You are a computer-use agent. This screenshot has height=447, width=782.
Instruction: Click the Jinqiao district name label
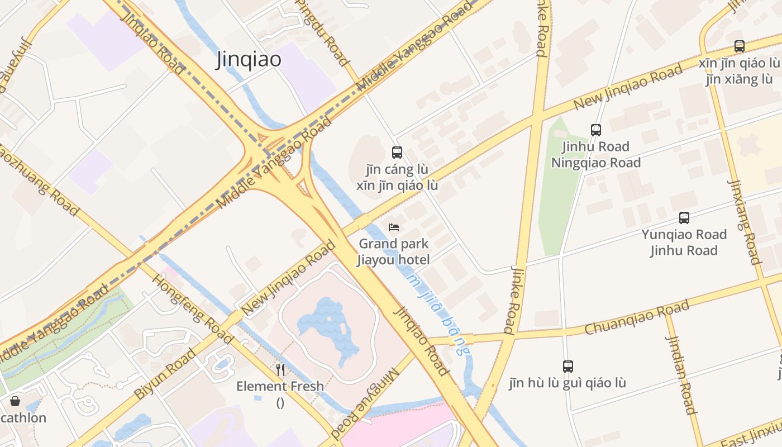(249, 60)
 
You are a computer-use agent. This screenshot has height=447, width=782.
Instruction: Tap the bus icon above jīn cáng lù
(397, 152)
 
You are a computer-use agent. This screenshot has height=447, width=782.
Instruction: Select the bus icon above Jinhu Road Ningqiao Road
(596, 130)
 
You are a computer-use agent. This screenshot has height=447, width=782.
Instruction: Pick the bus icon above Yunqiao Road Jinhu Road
(684, 218)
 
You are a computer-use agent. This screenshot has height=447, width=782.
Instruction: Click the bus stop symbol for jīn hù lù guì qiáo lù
(568, 367)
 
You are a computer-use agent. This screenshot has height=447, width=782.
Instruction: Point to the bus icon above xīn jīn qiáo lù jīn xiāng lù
(740, 46)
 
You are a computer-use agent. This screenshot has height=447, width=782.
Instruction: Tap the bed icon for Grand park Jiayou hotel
(394, 227)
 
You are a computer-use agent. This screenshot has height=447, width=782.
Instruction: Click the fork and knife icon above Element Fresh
(280, 369)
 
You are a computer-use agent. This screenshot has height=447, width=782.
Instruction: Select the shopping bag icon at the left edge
(15, 401)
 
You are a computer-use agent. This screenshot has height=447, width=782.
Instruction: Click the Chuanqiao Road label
(637, 318)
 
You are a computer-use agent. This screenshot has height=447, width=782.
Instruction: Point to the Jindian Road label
(681, 375)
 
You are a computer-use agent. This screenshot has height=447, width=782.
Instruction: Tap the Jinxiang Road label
(744, 222)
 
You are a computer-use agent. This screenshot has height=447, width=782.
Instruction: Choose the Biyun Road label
(165, 373)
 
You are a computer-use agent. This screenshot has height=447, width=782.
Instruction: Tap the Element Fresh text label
(280, 386)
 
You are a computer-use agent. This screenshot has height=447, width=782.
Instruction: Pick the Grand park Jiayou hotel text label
(394, 251)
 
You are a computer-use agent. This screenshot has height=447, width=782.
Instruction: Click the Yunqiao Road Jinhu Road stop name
(684, 242)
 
